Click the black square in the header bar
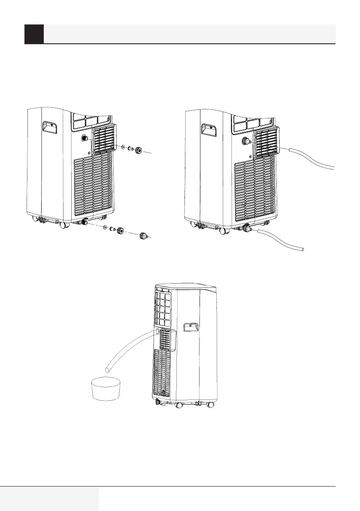34,34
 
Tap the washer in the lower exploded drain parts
105,227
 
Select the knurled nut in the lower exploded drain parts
121,231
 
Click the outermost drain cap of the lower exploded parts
143,236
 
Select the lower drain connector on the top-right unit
246,229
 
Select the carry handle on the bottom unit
189,327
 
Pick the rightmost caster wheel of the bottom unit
210,405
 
